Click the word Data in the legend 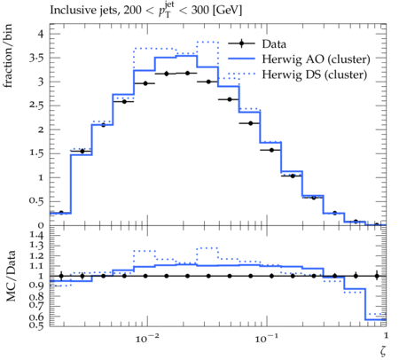[274, 44]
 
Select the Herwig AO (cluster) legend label [316, 59]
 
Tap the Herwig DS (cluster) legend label [314, 74]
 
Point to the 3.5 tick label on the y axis [36, 58]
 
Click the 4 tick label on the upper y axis [41, 34]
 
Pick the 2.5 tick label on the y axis [36, 106]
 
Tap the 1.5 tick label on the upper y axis [36, 153]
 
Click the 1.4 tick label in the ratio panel [36, 235]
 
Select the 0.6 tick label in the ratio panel [36, 317]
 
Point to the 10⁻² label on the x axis [147, 338]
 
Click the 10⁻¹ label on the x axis [267, 338]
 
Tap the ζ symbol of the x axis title [383, 350]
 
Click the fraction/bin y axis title [8, 56]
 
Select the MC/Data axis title [11, 276]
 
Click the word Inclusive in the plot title [70, 11]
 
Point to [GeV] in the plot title [227, 11]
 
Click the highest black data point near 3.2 [187, 73]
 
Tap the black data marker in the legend [241, 43]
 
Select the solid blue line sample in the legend [241, 59]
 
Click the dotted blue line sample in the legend [241, 74]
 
